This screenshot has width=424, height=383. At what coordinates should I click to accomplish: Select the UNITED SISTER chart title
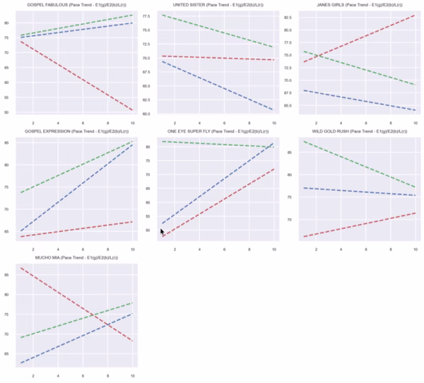(217, 6)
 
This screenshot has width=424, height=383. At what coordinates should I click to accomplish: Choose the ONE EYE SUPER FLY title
(217, 132)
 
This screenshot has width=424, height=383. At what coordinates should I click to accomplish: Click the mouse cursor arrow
(163, 231)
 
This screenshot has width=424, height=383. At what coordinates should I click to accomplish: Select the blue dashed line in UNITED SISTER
(219, 86)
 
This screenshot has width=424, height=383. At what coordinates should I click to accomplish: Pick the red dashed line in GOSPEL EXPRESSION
(78, 229)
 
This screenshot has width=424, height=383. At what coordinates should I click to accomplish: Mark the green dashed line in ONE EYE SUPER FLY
(219, 144)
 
